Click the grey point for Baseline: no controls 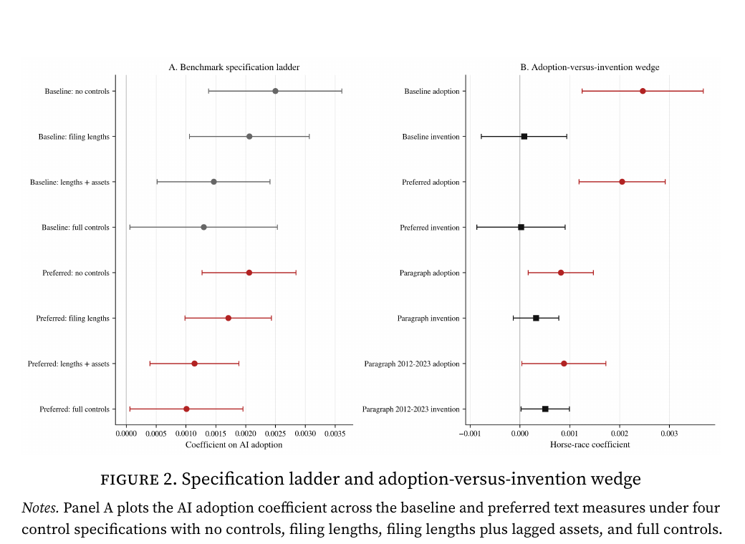pyautogui.click(x=275, y=91)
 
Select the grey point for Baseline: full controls pyautogui.click(x=203, y=227)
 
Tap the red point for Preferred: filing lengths pyautogui.click(x=228, y=318)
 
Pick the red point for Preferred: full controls pyautogui.click(x=186, y=409)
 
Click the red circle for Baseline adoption pyautogui.click(x=643, y=91)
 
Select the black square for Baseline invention pyautogui.click(x=524, y=136)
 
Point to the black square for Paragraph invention pyautogui.click(x=536, y=318)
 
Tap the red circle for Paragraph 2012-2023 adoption pyautogui.click(x=564, y=364)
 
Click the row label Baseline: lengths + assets pyautogui.click(x=69, y=182)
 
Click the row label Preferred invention pyautogui.click(x=430, y=228)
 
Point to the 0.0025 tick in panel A pyautogui.click(x=275, y=433)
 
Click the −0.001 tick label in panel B pyautogui.click(x=469, y=433)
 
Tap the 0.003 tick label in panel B pyautogui.click(x=669, y=433)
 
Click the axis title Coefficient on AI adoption pyautogui.click(x=234, y=445)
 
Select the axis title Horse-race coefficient pyautogui.click(x=590, y=445)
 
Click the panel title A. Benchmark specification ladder pyautogui.click(x=234, y=67)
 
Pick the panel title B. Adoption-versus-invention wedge pyautogui.click(x=590, y=67)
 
